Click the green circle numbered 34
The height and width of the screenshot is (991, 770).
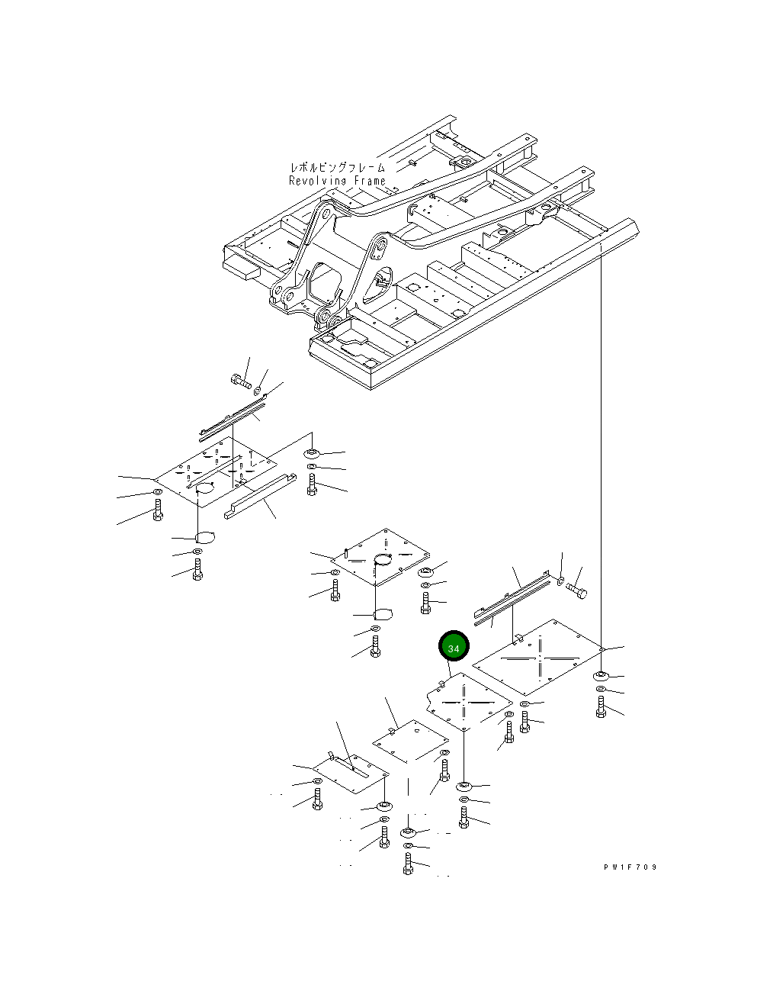point(454,648)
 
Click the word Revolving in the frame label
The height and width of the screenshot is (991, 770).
point(318,181)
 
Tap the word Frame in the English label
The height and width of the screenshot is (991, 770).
point(370,181)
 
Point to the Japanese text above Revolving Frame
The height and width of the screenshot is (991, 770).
point(338,167)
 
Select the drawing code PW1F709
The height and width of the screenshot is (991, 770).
point(630,867)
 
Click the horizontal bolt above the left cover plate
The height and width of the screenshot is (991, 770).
point(241,381)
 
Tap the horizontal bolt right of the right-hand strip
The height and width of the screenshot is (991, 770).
point(576,591)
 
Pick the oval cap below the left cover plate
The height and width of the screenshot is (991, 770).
point(204,537)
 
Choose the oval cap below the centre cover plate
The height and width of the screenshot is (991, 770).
point(382,614)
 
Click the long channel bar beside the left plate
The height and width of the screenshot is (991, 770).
point(260,496)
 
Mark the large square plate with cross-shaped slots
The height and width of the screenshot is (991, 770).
point(538,657)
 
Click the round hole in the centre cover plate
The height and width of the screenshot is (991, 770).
point(383,560)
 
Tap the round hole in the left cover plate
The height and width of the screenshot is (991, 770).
point(204,488)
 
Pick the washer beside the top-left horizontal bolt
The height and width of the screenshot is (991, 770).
point(258,391)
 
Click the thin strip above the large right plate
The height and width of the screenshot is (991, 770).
point(511,599)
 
